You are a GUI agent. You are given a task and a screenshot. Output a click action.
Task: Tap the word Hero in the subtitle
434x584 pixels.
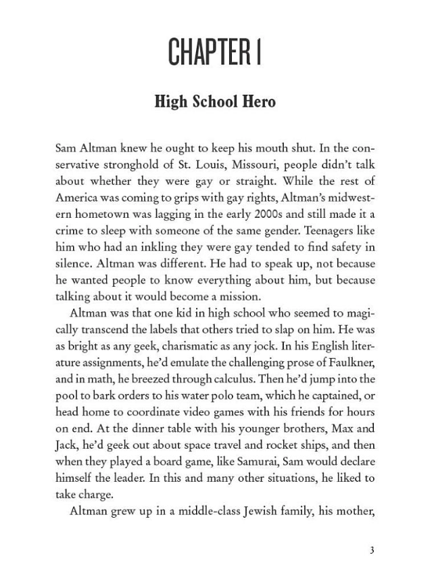258,103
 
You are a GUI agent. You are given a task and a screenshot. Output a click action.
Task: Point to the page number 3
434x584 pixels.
372,549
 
